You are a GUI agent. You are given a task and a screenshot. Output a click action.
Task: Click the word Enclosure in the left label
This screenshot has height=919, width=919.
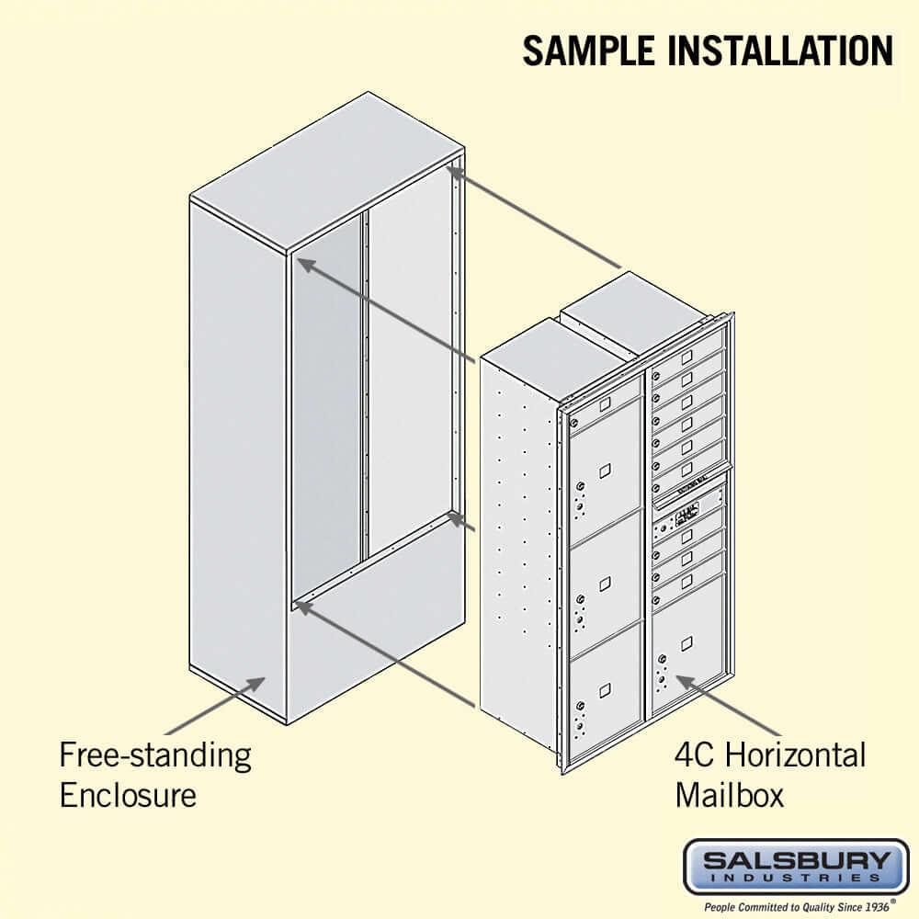click(128, 794)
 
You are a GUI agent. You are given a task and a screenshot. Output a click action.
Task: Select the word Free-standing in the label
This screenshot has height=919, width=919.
click(155, 755)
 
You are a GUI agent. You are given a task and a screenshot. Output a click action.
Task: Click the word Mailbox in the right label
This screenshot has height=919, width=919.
click(730, 794)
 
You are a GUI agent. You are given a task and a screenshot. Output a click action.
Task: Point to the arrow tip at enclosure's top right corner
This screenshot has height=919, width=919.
click(452, 167)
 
